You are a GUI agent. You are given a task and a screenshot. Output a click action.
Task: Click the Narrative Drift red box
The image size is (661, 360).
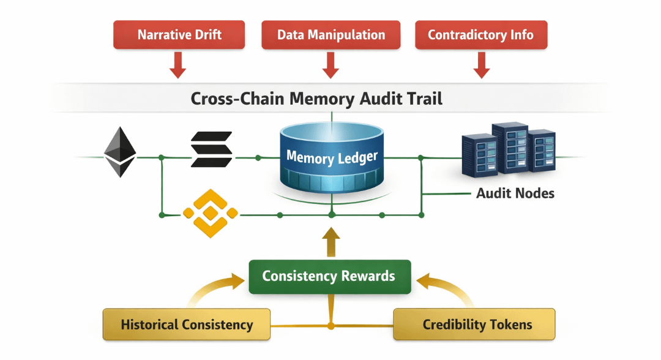[179, 35]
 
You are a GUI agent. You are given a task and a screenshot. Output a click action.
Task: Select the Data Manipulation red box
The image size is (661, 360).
[331, 35]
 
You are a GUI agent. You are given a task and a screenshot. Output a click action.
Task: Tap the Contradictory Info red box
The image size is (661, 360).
[481, 35]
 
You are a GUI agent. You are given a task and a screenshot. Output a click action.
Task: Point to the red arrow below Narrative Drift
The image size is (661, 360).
[177, 65]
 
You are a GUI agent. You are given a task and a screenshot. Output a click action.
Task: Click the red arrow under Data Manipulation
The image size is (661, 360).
[330, 65]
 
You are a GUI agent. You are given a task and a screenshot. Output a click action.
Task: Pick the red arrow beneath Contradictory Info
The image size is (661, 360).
[482, 65]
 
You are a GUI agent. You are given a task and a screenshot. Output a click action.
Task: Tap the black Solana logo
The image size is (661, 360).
[211, 149]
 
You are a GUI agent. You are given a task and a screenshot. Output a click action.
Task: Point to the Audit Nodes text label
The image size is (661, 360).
[515, 193]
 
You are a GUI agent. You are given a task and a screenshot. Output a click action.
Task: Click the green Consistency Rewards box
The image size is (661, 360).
[329, 276]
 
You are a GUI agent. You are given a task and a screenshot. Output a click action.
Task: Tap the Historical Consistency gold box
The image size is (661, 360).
[187, 324]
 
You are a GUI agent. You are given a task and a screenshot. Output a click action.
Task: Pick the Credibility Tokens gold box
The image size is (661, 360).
[474, 324]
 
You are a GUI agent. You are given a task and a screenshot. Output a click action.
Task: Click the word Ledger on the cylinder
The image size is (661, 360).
[358, 158]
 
